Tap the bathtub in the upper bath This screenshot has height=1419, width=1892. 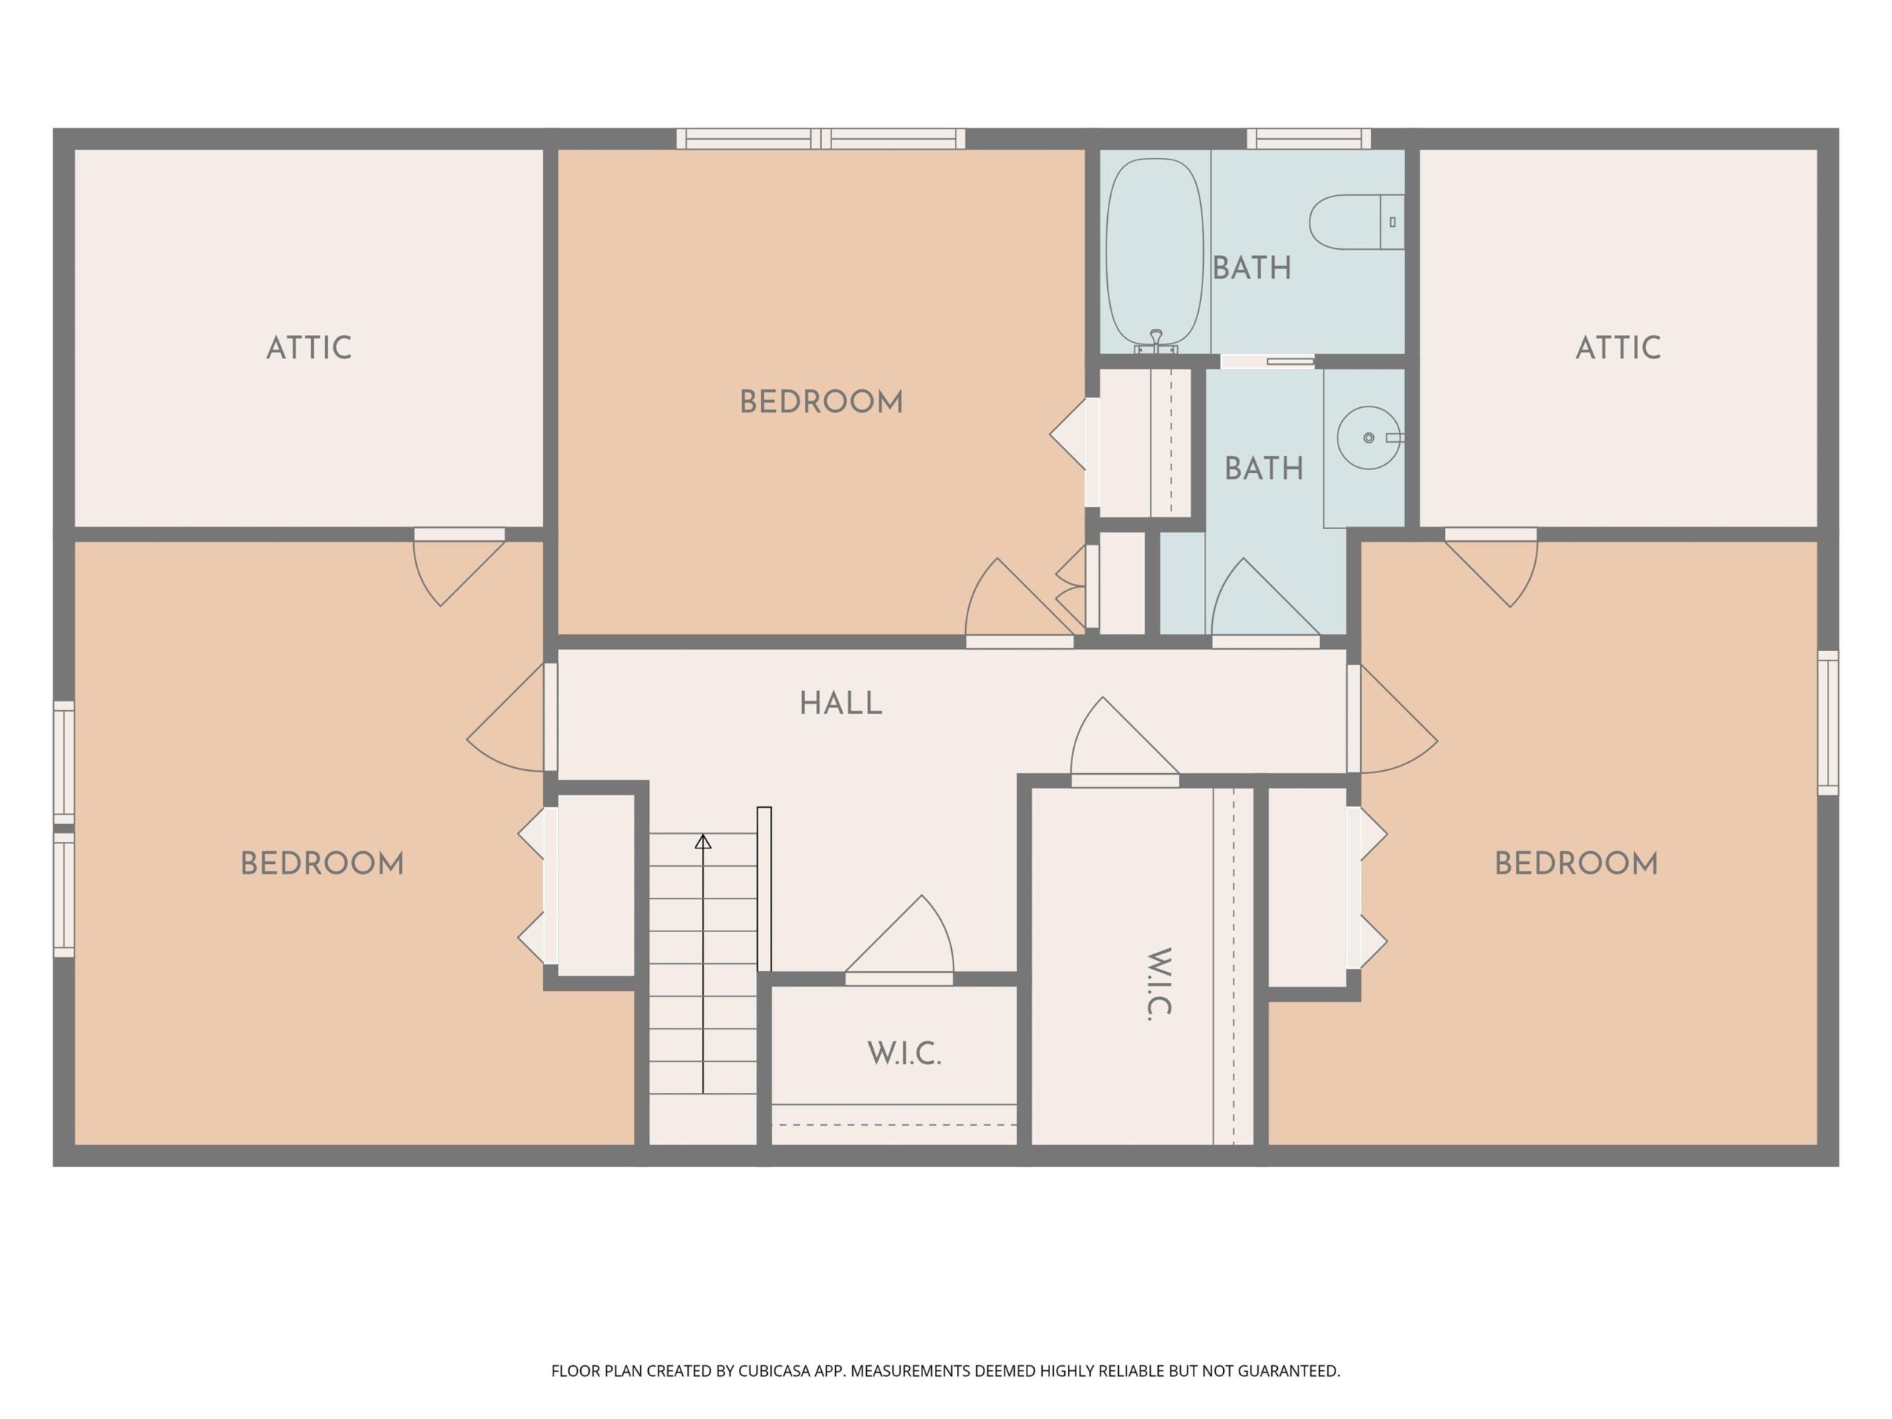pyautogui.click(x=1154, y=255)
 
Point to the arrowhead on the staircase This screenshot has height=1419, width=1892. pyautogui.click(x=703, y=842)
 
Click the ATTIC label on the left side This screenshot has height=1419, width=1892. pyautogui.click(x=309, y=347)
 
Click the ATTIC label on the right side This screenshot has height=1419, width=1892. pyautogui.click(x=1619, y=347)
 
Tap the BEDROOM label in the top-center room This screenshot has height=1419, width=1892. pyautogui.click(x=821, y=402)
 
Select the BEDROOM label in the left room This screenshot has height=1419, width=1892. pyautogui.click(x=321, y=863)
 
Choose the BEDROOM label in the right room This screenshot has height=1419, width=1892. pyautogui.click(x=1576, y=863)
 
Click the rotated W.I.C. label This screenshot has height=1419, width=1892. pyautogui.click(x=1159, y=984)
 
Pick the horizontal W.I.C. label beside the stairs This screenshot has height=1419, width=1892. pyautogui.click(x=904, y=1054)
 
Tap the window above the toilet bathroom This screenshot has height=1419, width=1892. pyautogui.click(x=1309, y=138)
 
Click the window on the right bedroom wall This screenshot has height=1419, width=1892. pyautogui.click(x=1828, y=723)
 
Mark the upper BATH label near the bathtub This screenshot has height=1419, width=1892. pyautogui.click(x=1251, y=268)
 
